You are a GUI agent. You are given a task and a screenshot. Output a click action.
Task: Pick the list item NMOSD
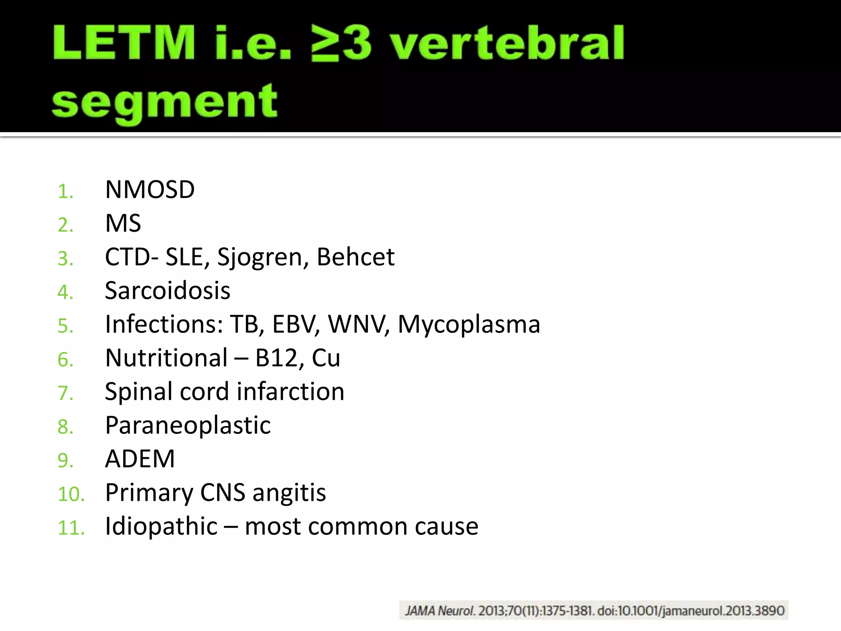(x=150, y=190)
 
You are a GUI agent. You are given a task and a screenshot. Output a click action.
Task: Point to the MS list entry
(x=123, y=223)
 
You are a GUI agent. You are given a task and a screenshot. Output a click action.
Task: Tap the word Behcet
(x=355, y=257)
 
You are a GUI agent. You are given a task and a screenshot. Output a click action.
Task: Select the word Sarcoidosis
(x=168, y=291)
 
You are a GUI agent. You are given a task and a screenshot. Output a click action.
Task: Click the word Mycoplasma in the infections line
(x=469, y=325)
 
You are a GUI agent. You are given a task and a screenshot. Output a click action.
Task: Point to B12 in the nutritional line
(x=276, y=358)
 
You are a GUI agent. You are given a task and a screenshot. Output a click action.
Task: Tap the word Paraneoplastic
(x=188, y=425)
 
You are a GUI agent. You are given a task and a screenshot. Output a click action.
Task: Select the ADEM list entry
(x=140, y=459)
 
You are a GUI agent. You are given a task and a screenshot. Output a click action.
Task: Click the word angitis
(x=289, y=493)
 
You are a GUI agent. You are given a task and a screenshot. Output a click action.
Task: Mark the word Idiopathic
(x=161, y=526)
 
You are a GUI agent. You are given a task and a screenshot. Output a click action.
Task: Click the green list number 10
(x=71, y=494)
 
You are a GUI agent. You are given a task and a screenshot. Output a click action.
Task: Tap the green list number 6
(x=66, y=360)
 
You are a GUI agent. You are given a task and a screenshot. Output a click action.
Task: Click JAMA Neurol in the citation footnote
(x=439, y=611)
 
